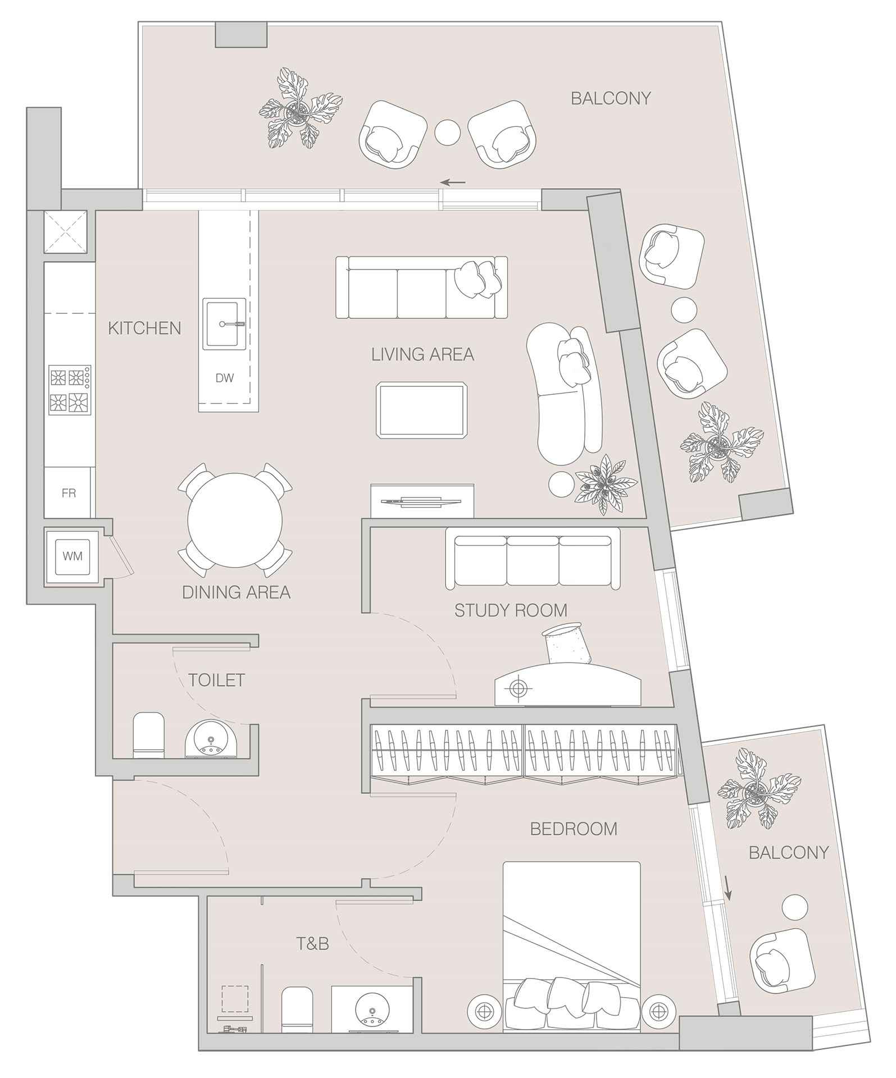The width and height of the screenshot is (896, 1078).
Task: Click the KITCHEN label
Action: pos(144,328)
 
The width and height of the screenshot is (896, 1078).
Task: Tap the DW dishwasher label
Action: pos(225,378)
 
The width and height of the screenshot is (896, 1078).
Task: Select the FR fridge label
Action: pos(69,494)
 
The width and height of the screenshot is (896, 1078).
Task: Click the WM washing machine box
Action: pos(72,556)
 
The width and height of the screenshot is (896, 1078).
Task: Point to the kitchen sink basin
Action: pos(224,324)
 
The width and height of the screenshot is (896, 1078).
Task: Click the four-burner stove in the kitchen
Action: pos(70,390)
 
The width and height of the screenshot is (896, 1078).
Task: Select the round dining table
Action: pos(235,520)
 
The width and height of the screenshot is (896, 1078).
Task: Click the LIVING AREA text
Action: pos(422,354)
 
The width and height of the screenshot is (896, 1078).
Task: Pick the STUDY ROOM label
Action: pos(511,610)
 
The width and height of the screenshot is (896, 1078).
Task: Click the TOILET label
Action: pos(216,680)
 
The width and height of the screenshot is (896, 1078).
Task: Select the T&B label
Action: pos(313,944)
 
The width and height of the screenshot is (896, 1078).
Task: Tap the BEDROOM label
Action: pos(574,829)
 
